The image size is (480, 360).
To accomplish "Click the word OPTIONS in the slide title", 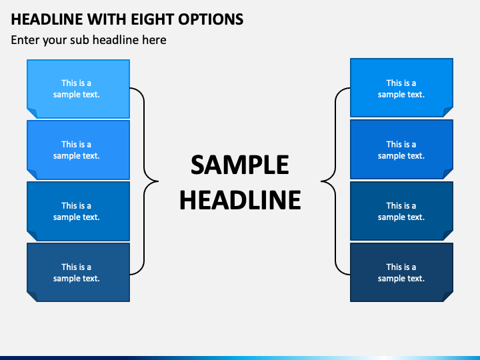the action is (211, 19).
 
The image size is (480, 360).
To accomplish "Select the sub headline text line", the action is (89, 40).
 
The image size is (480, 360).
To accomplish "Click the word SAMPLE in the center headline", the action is (240, 165).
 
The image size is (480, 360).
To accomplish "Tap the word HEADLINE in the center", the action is (240, 200).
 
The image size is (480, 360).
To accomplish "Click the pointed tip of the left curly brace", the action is (158, 181).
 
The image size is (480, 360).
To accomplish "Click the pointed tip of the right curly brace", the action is (321, 181).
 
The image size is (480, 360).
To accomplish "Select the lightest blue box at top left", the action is (79, 89).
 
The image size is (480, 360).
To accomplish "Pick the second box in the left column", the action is (79, 150).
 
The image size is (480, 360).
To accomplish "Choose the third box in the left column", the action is (79, 211).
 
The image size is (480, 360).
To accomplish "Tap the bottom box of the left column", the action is (79, 273).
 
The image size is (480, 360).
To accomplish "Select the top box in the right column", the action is (401, 87).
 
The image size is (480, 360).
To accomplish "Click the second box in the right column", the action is (401, 149).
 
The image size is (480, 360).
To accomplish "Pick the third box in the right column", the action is (401, 211).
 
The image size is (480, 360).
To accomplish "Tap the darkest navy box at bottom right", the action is (401, 273).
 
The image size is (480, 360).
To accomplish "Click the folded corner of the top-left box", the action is (33, 113).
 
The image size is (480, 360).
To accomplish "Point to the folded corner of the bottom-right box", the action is (447, 296).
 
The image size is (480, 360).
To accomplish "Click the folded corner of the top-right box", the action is (447, 111).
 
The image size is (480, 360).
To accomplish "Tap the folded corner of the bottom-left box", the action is (33, 297).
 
